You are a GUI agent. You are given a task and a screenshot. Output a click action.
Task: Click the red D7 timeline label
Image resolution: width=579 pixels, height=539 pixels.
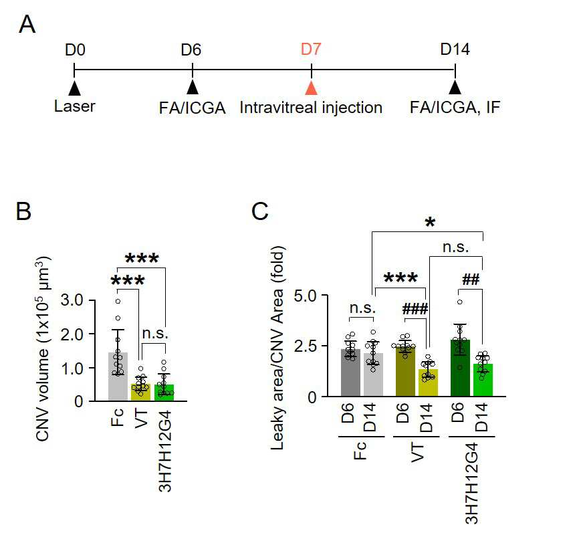(x=311, y=49)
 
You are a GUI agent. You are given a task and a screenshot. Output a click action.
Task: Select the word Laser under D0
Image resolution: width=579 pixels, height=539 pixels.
(x=75, y=106)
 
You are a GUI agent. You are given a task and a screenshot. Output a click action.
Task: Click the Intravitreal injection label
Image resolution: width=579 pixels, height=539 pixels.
(x=311, y=108)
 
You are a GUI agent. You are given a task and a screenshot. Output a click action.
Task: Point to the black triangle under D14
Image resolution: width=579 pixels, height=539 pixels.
(x=455, y=88)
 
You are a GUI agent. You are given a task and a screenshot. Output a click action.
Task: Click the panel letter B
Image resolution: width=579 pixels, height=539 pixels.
(x=23, y=211)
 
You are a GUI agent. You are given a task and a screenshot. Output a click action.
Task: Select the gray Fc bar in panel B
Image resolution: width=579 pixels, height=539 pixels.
(x=118, y=376)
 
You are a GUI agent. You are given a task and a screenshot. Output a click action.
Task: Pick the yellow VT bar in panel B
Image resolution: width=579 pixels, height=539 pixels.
(x=140, y=393)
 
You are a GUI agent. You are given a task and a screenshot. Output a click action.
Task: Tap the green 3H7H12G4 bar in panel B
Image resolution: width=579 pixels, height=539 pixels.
(x=164, y=393)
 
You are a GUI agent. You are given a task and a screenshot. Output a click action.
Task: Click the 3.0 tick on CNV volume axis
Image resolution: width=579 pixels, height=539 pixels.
(x=72, y=300)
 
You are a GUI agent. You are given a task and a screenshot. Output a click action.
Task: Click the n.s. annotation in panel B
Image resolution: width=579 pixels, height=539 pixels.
(x=155, y=334)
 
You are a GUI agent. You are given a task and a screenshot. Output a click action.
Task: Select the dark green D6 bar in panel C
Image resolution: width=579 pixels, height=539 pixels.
(x=460, y=368)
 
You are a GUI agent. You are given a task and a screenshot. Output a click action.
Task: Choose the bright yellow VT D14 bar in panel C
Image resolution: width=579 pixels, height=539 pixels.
(x=429, y=383)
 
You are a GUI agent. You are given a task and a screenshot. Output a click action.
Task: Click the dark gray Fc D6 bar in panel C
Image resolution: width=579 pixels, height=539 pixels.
(x=350, y=372)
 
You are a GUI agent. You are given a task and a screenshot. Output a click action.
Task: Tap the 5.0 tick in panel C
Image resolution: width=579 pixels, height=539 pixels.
(x=305, y=296)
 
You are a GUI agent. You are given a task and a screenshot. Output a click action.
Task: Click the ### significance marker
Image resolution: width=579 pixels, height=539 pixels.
(x=415, y=308)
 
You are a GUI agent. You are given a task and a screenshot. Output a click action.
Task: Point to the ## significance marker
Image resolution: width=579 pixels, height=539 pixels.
(x=471, y=280)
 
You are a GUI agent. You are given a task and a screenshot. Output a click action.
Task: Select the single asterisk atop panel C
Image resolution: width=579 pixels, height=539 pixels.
(x=430, y=222)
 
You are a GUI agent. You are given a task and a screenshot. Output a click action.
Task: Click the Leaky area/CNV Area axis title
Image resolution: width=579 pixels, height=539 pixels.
(x=277, y=348)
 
